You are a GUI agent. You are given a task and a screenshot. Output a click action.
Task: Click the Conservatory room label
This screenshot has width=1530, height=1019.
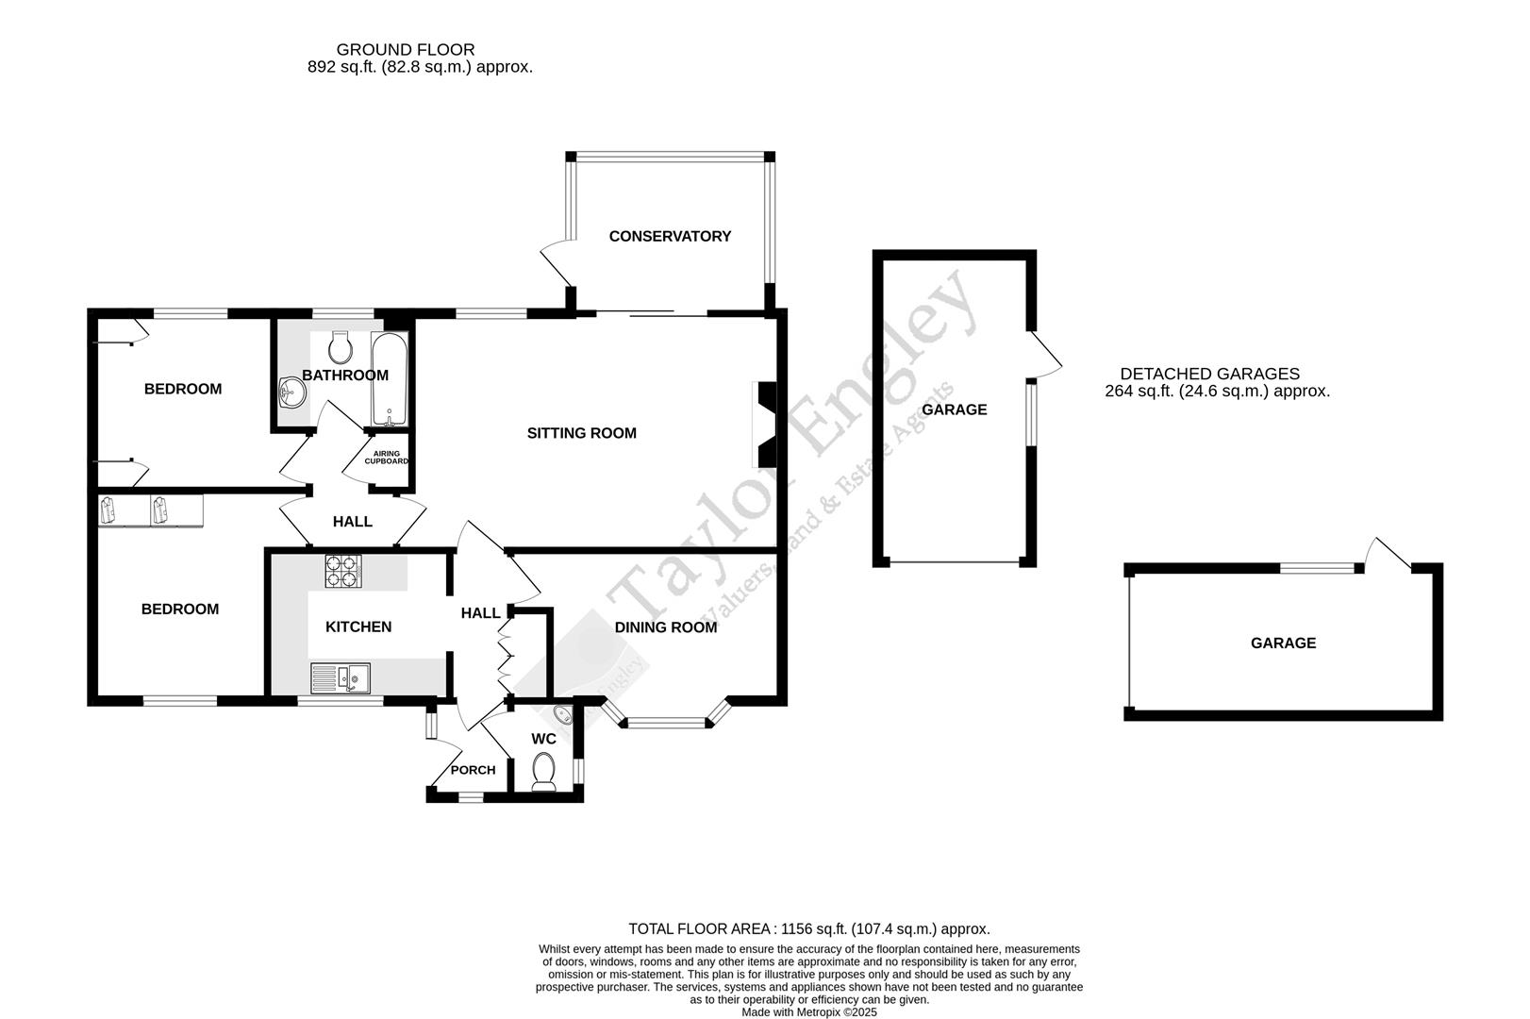coord(670,237)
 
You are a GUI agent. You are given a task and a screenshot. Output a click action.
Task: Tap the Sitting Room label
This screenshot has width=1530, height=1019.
coord(581,433)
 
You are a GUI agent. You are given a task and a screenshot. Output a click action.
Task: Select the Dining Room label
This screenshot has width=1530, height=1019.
coord(665,627)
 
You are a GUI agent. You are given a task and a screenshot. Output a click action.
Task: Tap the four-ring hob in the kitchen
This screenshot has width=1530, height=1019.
coord(343,571)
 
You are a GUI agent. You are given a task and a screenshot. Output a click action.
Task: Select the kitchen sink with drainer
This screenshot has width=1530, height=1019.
coord(341,677)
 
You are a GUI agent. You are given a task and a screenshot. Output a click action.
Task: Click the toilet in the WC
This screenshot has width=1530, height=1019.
coord(544,770)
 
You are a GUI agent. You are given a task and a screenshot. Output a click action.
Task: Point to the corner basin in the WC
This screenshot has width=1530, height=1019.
coord(563,716)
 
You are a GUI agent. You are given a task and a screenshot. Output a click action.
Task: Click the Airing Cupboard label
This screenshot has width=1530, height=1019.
coord(386,458)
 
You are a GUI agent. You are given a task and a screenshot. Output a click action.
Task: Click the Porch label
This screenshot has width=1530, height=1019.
coord(473,770)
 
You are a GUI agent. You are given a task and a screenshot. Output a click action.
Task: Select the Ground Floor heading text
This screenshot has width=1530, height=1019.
coord(406,50)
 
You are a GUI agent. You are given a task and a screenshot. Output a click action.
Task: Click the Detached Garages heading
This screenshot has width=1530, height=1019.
coord(1209,375)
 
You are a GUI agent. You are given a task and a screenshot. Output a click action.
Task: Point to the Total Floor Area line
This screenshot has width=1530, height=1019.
coord(808,929)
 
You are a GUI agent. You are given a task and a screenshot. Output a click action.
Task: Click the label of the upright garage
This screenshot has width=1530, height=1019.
coord(954,409)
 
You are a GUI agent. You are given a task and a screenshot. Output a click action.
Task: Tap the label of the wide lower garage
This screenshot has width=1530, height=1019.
coord(1283,643)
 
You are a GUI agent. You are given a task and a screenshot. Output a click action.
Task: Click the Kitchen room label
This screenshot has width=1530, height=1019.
coord(358,627)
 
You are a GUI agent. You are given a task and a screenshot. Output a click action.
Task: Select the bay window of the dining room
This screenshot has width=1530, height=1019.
coord(666,723)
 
